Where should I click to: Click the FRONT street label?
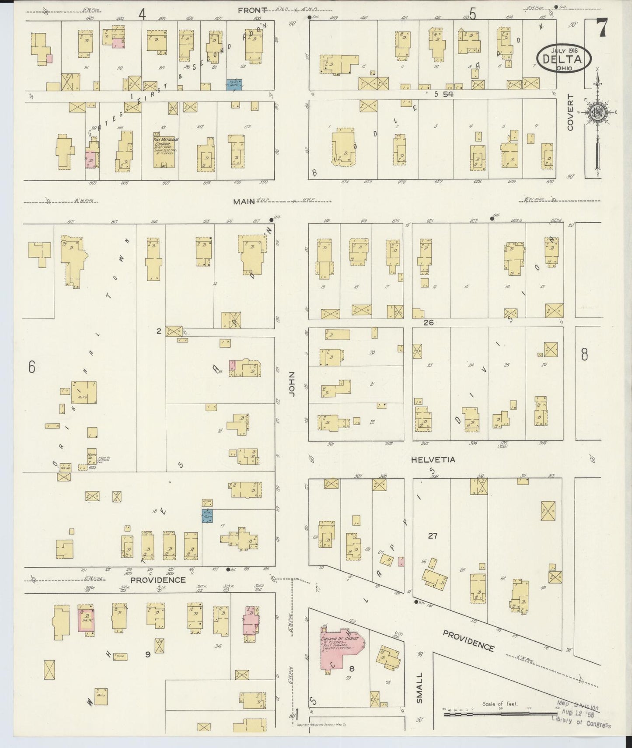252,10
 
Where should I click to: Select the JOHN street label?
292,384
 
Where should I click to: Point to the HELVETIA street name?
433,460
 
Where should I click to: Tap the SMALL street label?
420,688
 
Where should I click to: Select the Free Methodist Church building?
164,150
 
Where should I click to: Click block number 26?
428,323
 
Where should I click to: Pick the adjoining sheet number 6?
31,367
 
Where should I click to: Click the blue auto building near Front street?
234,85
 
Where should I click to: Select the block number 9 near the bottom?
148,654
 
